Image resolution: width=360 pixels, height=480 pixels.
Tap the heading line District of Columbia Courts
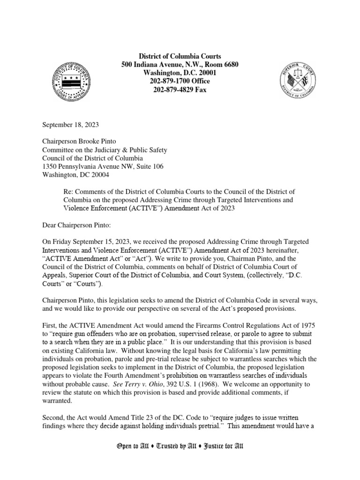(x=180, y=56)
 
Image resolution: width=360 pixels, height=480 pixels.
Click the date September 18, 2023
(x=71, y=125)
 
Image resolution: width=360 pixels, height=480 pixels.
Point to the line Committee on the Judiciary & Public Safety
(x=105, y=150)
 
